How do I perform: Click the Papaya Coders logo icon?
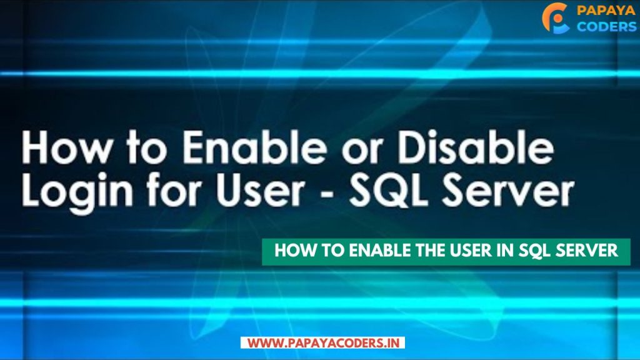pyautogui.click(x=555, y=19)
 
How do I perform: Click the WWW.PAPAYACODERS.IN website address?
pyautogui.click(x=322, y=342)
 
